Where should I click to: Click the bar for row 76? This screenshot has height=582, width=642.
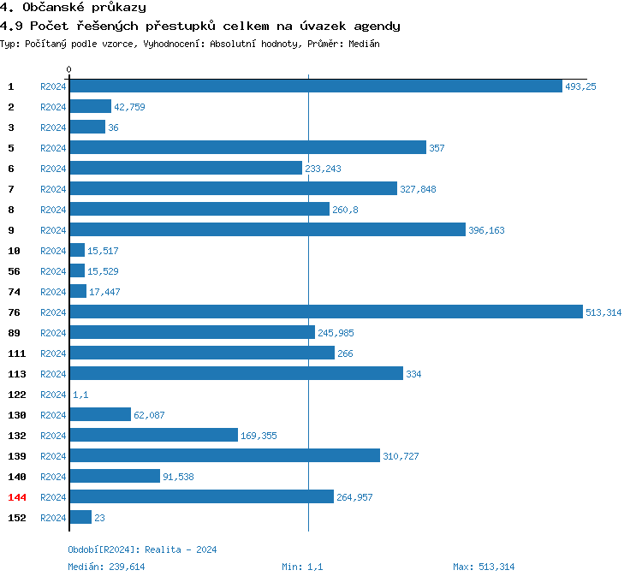[x=325, y=312]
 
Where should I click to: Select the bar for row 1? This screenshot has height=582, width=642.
[x=315, y=86]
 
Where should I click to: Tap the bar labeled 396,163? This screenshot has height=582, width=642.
[x=267, y=230]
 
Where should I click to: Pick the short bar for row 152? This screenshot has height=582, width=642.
[x=80, y=518]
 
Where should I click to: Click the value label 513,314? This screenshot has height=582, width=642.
[x=603, y=312]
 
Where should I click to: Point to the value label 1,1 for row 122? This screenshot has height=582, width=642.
[x=80, y=395]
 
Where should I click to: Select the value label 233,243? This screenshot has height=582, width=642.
[x=323, y=169]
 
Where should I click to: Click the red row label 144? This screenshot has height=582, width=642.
[x=17, y=497]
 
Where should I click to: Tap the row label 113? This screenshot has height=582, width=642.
[x=17, y=374]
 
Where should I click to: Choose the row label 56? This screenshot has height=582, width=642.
[x=14, y=271]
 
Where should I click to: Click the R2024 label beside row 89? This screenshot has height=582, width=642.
[x=53, y=333]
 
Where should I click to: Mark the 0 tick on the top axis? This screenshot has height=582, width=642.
[x=69, y=69]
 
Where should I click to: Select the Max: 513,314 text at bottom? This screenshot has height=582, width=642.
[x=484, y=567]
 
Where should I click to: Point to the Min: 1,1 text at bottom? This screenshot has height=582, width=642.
[x=302, y=567]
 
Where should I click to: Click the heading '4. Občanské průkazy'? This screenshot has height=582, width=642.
[x=73, y=8]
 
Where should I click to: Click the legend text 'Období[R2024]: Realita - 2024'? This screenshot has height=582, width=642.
[x=142, y=549]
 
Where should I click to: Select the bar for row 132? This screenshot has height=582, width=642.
[x=153, y=436]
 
